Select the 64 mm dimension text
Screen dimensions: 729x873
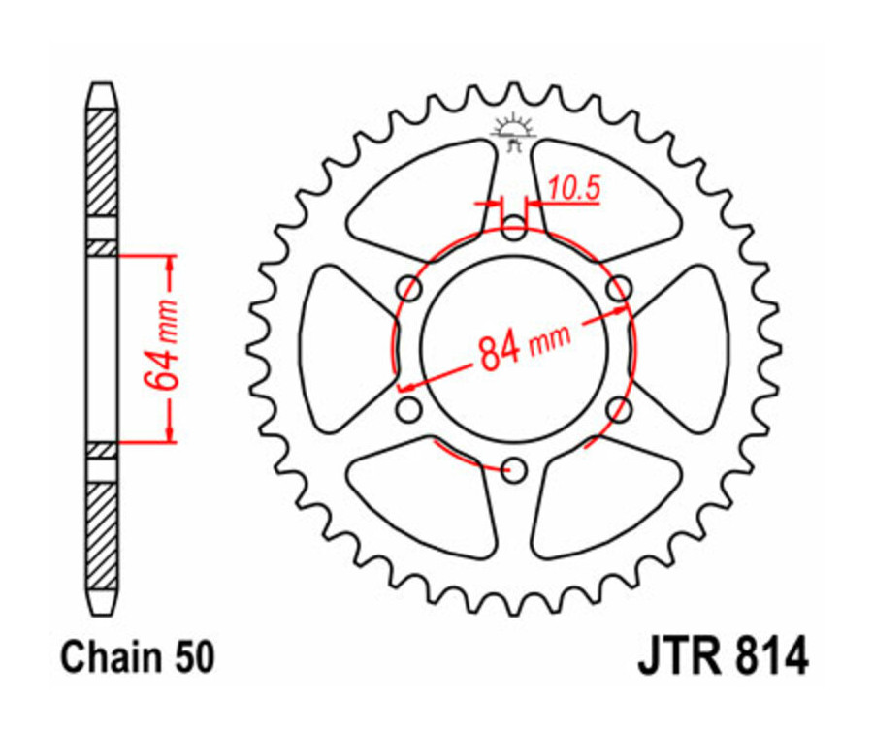coord(166,346)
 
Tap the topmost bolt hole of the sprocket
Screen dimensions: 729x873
coord(515,230)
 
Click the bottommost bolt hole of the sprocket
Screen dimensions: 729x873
coord(515,471)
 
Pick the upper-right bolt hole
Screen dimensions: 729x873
coord(619,288)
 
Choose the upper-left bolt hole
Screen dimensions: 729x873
coord(410,289)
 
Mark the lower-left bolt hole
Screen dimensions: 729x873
coord(409,408)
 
